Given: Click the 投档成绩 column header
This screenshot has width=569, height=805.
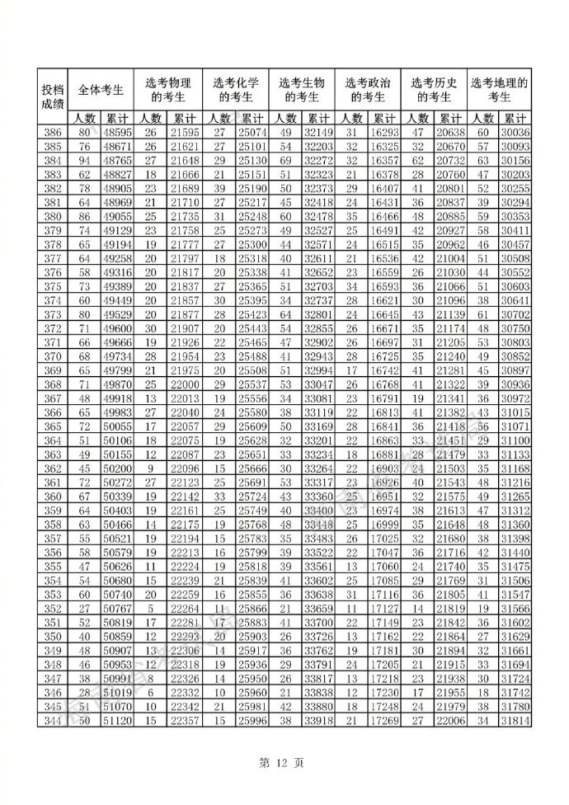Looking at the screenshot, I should coord(52,97).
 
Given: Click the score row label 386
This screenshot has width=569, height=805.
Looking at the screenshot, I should coord(52,133).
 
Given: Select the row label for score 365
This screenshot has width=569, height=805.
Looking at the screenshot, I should coord(52,427).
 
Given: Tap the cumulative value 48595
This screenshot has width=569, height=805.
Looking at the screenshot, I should coord(118,133).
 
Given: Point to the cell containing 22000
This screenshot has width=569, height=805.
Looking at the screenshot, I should coord(185,385).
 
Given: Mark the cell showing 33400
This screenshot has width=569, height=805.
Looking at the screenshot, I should coord(317,511).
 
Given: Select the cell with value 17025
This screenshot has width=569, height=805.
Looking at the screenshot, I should coord(383,539).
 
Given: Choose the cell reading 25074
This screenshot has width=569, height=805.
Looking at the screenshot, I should coord(251,133).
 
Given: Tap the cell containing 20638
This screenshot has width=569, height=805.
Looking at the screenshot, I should coord(449,133).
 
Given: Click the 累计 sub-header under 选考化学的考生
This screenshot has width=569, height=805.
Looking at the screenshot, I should coord(251,118).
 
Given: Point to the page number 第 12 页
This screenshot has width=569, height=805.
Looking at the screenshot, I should coord(284,763).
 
